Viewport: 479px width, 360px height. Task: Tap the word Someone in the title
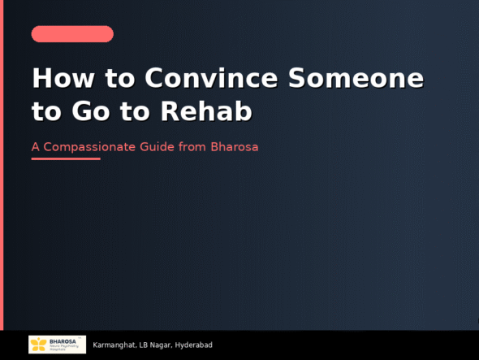[x=356, y=78]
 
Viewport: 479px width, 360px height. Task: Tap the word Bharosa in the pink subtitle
[x=234, y=148]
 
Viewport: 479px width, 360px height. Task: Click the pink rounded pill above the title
[x=72, y=34]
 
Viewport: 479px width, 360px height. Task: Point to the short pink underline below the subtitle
[x=66, y=159]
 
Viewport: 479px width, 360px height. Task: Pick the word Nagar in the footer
[x=161, y=345]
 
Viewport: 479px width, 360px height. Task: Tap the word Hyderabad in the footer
[x=194, y=345]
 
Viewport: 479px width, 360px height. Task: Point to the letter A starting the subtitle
[x=35, y=148]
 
